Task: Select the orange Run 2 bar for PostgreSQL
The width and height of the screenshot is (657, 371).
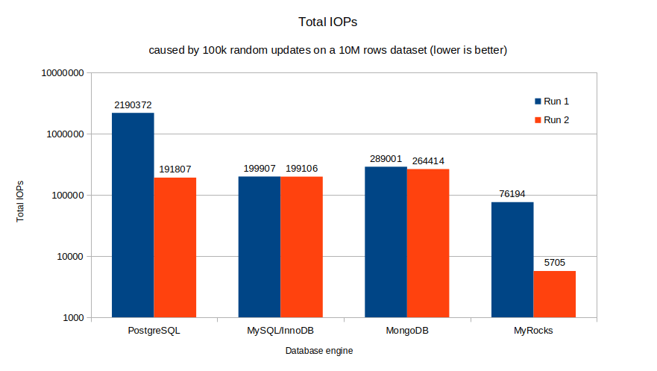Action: click(x=175, y=247)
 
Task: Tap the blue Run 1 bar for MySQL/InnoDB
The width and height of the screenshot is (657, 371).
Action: click(x=260, y=246)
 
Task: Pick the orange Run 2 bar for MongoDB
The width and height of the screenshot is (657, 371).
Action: click(x=428, y=243)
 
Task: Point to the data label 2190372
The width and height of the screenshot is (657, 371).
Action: click(x=133, y=105)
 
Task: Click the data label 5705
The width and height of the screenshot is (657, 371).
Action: click(x=554, y=263)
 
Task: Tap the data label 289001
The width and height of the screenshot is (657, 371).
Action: click(x=386, y=159)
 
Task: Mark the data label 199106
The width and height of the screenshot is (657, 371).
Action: click(x=302, y=169)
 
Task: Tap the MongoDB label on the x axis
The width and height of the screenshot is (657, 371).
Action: click(x=406, y=330)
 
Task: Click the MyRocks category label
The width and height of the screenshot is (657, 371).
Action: click(x=533, y=330)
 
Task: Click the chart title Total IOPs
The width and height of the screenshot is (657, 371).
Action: click(x=328, y=22)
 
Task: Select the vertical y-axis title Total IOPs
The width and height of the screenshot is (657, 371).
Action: click(x=21, y=202)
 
